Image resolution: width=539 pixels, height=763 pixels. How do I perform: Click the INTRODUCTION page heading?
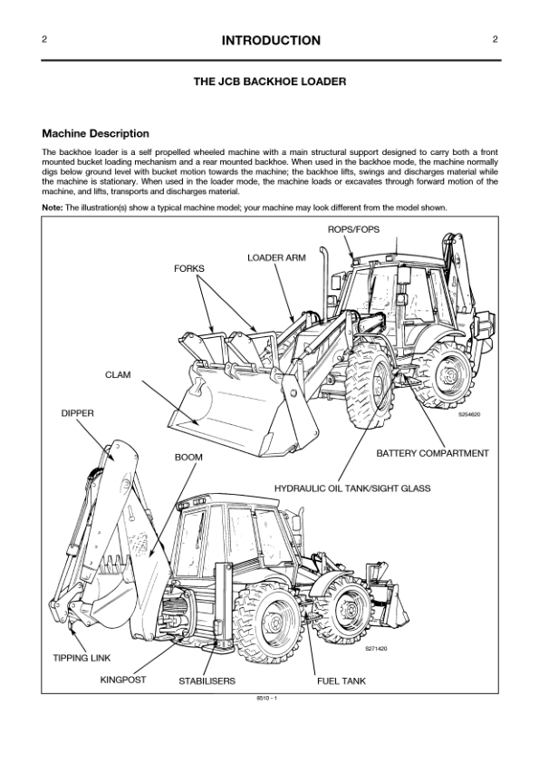[x=270, y=41]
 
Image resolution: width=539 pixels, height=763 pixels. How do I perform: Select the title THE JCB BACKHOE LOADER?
[x=270, y=82]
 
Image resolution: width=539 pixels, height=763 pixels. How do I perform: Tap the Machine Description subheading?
[x=95, y=134]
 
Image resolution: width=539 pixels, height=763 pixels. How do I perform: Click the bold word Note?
[x=53, y=208]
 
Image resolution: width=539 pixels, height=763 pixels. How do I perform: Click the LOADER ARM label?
[x=276, y=258]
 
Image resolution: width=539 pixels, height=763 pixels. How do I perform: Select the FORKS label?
[x=189, y=269]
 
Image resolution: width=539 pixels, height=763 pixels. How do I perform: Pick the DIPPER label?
[x=77, y=413]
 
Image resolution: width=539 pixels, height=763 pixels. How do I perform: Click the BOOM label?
[x=188, y=458]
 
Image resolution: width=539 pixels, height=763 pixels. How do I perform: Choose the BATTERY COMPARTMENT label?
[x=432, y=453]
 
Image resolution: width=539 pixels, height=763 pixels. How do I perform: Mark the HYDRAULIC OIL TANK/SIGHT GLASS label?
[x=352, y=488]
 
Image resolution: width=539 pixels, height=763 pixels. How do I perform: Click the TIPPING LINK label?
[x=82, y=657]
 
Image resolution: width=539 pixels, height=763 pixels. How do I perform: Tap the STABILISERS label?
[x=207, y=681]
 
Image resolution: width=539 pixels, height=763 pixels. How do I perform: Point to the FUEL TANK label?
[x=341, y=681]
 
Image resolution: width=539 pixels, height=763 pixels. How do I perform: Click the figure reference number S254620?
[x=470, y=414]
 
